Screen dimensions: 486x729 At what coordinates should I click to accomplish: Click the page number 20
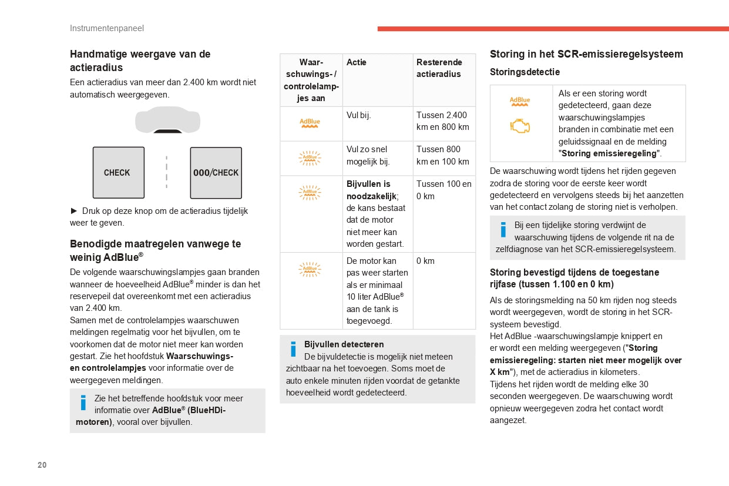point(42,465)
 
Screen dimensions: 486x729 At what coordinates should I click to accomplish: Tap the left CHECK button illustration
point(118,173)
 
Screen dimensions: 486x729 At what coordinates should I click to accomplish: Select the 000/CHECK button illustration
point(216,173)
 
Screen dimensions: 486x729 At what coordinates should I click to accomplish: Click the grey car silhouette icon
point(167,119)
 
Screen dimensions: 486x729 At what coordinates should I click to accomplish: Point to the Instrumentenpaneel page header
point(106,28)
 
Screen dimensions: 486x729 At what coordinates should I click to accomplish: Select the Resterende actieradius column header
point(439,68)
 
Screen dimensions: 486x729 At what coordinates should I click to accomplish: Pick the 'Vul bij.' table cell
point(358,115)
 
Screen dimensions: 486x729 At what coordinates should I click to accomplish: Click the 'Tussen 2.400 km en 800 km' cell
point(442,121)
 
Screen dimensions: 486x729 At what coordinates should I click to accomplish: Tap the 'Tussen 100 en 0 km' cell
point(444,190)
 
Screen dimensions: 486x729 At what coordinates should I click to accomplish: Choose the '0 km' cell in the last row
point(425,261)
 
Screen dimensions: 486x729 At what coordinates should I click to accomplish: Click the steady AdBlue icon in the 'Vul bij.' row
point(310,123)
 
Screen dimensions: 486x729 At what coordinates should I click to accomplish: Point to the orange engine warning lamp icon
point(520,126)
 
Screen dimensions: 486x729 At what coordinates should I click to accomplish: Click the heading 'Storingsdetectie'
point(525,72)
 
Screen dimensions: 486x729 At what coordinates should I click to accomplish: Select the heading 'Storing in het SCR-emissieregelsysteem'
point(586,54)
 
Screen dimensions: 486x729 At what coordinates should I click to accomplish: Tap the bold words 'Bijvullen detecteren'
point(344,344)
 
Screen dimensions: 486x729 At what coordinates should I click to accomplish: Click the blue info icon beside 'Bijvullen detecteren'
point(293,350)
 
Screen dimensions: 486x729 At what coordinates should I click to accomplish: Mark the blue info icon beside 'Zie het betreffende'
point(83,403)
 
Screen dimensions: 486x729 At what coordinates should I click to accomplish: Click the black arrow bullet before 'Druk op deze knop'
point(74,210)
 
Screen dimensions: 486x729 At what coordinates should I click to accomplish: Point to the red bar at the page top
point(553,28)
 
